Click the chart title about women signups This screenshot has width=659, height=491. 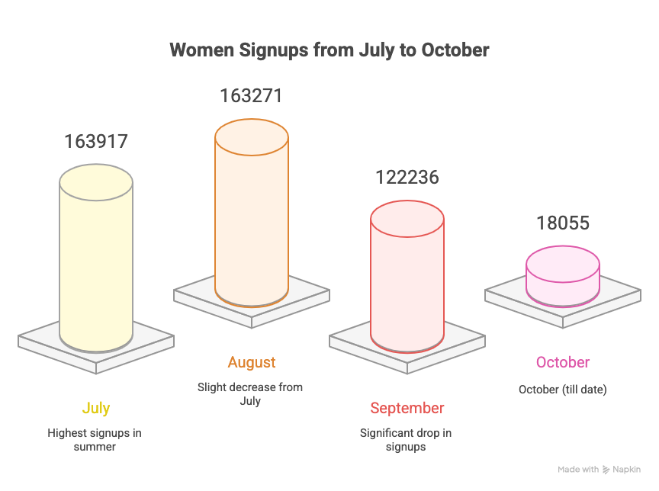(x=329, y=50)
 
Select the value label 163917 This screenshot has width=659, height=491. (x=96, y=141)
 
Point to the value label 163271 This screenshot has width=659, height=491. (x=251, y=96)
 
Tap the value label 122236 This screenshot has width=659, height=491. (x=407, y=177)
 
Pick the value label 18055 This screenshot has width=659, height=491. (x=562, y=223)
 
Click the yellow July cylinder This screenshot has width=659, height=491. (x=96, y=259)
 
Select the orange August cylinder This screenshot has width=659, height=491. (x=252, y=213)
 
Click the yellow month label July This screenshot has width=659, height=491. (x=96, y=408)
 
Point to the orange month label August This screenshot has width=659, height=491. (x=252, y=362)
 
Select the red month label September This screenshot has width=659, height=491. (x=407, y=408)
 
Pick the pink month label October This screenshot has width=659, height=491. (x=563, y=362)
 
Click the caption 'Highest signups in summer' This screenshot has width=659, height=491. (x=95, y=439)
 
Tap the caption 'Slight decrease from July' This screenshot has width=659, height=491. (x=250, y=393)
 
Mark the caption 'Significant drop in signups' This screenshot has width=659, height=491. (x=406, y=439)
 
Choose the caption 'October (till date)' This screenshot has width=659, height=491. (x=562, y=390)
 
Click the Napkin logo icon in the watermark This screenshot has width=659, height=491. (x=606, y=470)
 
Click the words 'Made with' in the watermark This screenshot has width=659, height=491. (x=578, y=470)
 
